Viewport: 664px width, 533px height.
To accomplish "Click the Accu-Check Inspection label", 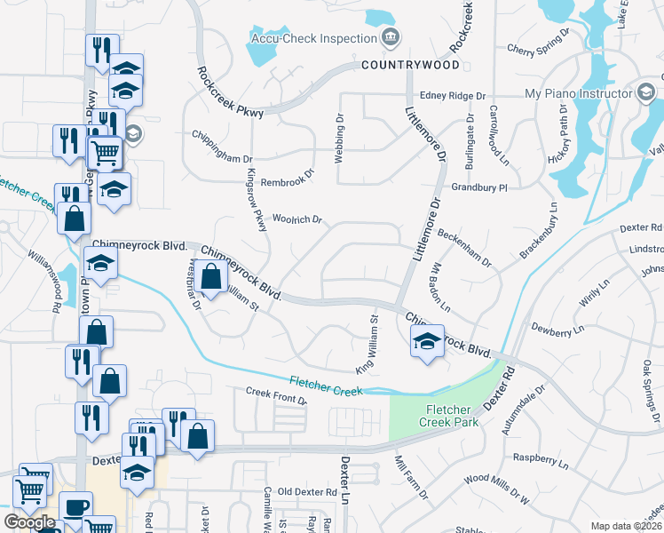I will [313, 38].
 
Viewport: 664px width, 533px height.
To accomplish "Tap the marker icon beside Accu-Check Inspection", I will [389, 37].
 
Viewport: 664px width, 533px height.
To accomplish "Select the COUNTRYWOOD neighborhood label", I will [410, 66].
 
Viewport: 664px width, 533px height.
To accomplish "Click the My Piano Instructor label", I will [575, 93].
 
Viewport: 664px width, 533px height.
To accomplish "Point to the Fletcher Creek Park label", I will [453, 416].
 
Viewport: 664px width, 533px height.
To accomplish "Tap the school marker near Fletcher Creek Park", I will [426, 339].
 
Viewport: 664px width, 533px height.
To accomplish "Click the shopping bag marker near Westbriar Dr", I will [211, 277].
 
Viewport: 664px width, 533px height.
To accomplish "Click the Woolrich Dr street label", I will [296, 219].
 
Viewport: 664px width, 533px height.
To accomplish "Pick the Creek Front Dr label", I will [276, 396].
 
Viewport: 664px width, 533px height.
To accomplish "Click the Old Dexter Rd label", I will [307, 491].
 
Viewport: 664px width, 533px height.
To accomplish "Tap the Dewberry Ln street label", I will [557, 329].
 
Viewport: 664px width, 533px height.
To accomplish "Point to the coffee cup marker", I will [75, 507].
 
